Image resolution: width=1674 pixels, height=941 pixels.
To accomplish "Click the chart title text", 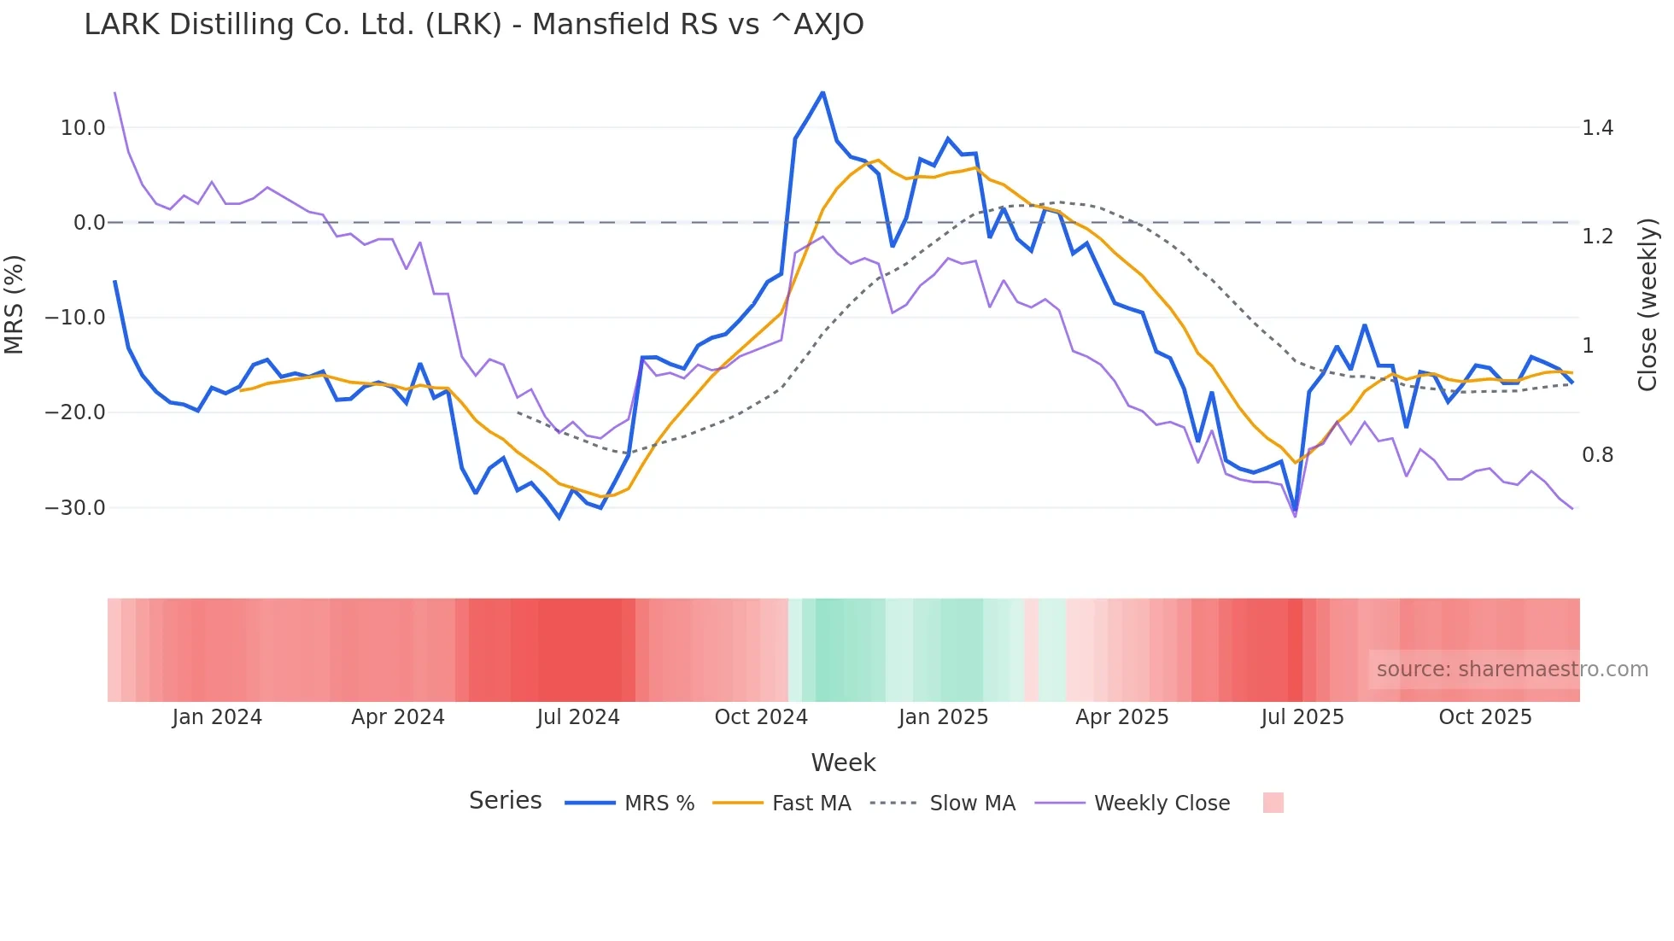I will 473,25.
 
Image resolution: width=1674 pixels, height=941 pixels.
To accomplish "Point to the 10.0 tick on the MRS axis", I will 83,128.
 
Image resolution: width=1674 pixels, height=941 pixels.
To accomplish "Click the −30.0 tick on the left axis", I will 75,507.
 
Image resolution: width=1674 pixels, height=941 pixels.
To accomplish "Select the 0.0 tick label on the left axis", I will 89,223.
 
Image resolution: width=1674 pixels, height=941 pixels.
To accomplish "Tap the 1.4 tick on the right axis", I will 1597,128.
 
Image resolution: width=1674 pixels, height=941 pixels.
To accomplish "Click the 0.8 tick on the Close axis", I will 1597,455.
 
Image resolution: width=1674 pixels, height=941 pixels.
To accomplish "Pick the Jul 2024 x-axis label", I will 578,717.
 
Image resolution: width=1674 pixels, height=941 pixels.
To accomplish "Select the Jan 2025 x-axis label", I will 943,717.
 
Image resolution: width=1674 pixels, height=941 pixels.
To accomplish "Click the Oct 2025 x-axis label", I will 1485,717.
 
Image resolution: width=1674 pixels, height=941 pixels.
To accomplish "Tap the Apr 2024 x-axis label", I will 398,717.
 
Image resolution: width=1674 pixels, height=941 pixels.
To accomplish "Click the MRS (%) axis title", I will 15,304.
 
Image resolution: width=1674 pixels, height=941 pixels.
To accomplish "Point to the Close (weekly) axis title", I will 1648,304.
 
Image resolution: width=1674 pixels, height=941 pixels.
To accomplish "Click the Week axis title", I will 843,763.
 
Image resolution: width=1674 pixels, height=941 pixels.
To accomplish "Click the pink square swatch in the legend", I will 1273,803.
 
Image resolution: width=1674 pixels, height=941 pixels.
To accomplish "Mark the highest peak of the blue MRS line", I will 822,92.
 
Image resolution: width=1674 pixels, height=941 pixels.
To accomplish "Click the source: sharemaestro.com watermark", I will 1512,669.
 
